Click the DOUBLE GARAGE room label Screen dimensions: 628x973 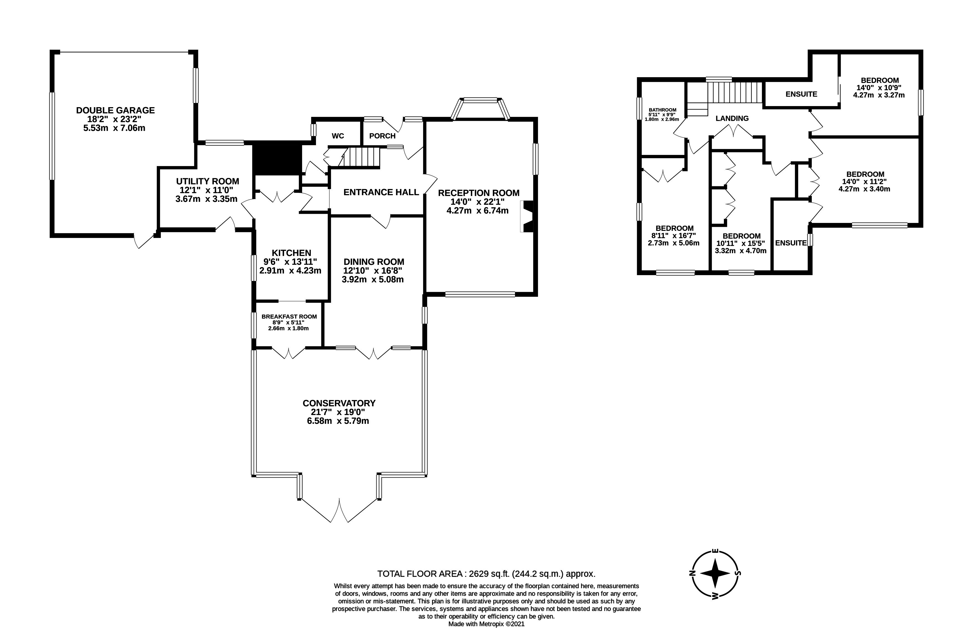pyautogui.click(x=115, y=110)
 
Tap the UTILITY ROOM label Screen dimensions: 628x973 pyautogui.click(x=208, y=181)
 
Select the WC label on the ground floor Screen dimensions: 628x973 pyautogui.click(x=338, y=136)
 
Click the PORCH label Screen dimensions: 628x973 pyautogui.click(x=382, y=136)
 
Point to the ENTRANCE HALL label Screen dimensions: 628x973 pyautogui.click(x=381, y=192)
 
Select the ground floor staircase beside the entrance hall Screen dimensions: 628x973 pyautogui.click(x=362, y=157)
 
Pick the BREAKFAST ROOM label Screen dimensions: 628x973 pyautogui.click(x=289, y=316)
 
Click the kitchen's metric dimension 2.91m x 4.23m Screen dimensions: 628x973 pyautogui.click(x=290, y=270)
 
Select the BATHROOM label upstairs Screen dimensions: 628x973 pyautogui.click(x=662, y=110)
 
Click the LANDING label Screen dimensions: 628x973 pyautogui.click(x=732, y=118)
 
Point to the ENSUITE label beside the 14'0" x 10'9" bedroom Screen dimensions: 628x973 pyautogui.click(x=801, y=94)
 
